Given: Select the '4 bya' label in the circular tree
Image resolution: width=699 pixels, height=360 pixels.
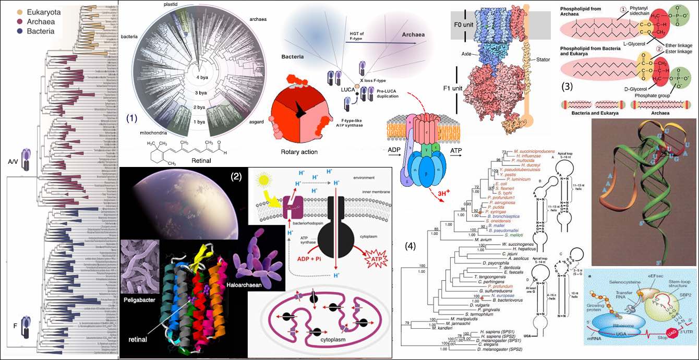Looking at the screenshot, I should point(202,78).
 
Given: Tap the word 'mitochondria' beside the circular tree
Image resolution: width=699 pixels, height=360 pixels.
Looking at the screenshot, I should point(152,133).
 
